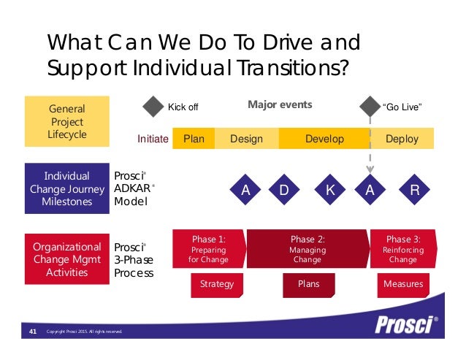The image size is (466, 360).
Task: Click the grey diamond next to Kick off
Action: point(153,107)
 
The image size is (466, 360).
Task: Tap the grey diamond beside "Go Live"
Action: point(368,107)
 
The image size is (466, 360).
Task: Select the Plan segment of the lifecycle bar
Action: point(194,139)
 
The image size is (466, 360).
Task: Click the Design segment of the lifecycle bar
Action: point(246,139)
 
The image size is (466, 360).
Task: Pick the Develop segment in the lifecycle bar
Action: point(324,139)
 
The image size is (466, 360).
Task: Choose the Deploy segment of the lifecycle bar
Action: point(402,139)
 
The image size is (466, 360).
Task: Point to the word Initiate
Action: point(153,139)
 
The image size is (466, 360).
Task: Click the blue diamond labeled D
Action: point(284,190)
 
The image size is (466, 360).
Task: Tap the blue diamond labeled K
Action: point(330,190)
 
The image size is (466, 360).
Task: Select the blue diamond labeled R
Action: point(415,190)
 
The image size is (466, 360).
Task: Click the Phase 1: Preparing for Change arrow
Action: point(208,249)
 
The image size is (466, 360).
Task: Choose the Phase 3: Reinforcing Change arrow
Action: point(403,249)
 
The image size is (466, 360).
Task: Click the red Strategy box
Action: point(217,284)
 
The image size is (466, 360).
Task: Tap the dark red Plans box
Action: point(309,284)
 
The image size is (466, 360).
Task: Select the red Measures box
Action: point(403,284)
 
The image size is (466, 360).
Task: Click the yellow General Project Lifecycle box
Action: point(66,121)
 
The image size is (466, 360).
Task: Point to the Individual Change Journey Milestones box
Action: point(66,188)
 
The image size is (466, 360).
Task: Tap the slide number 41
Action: point(32,332)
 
